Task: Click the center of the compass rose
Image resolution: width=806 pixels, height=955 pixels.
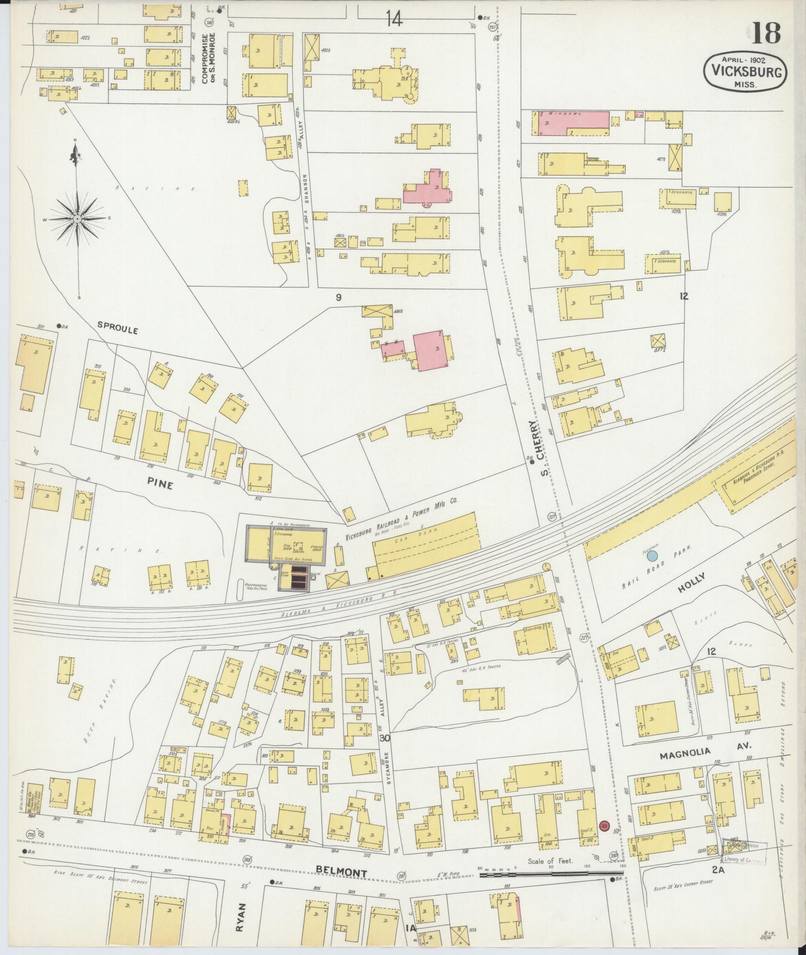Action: click(77, 219)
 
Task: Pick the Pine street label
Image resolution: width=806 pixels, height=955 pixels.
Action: click(160, 483)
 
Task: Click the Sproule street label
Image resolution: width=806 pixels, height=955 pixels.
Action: click(117, 330)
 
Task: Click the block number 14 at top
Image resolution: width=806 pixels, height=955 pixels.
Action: click(394, 19)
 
